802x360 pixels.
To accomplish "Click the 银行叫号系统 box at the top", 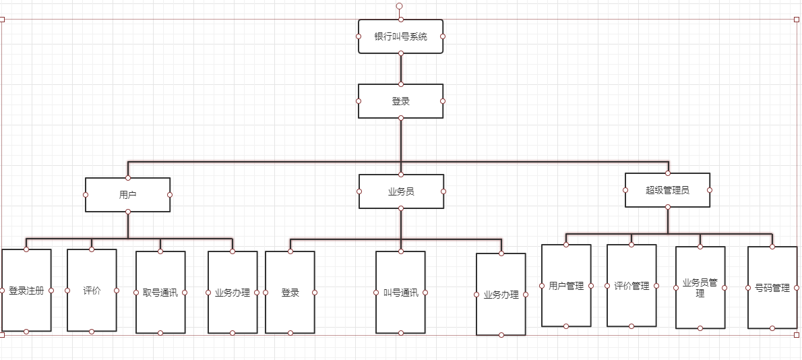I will point(400,36).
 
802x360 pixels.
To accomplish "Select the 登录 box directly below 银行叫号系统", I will point(400,101).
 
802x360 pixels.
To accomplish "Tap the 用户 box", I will point(127,195).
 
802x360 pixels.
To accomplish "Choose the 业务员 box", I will point(401,191).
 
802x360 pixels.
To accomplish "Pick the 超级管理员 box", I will point(667,190).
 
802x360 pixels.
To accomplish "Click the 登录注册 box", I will point(26,291).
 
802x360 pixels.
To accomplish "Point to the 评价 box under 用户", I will point(92,291).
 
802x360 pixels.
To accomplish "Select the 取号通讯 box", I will point(160,293).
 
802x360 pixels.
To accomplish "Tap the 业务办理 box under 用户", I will point(233,293).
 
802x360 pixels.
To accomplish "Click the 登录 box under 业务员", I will point(290,293).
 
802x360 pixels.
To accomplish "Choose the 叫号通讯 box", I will point(400,293).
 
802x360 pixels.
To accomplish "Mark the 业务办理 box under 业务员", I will point(501,295).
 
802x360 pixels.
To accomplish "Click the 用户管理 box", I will point(566,286).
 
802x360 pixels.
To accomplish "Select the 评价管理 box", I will point(631,286).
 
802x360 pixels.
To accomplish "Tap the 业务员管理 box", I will point(700,288).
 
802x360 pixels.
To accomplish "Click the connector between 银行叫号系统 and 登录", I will point(400,69).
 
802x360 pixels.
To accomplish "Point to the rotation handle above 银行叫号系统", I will point(399,5).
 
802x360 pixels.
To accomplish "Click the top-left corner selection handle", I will point(2,20).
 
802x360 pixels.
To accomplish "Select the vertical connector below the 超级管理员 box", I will point(667,220).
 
